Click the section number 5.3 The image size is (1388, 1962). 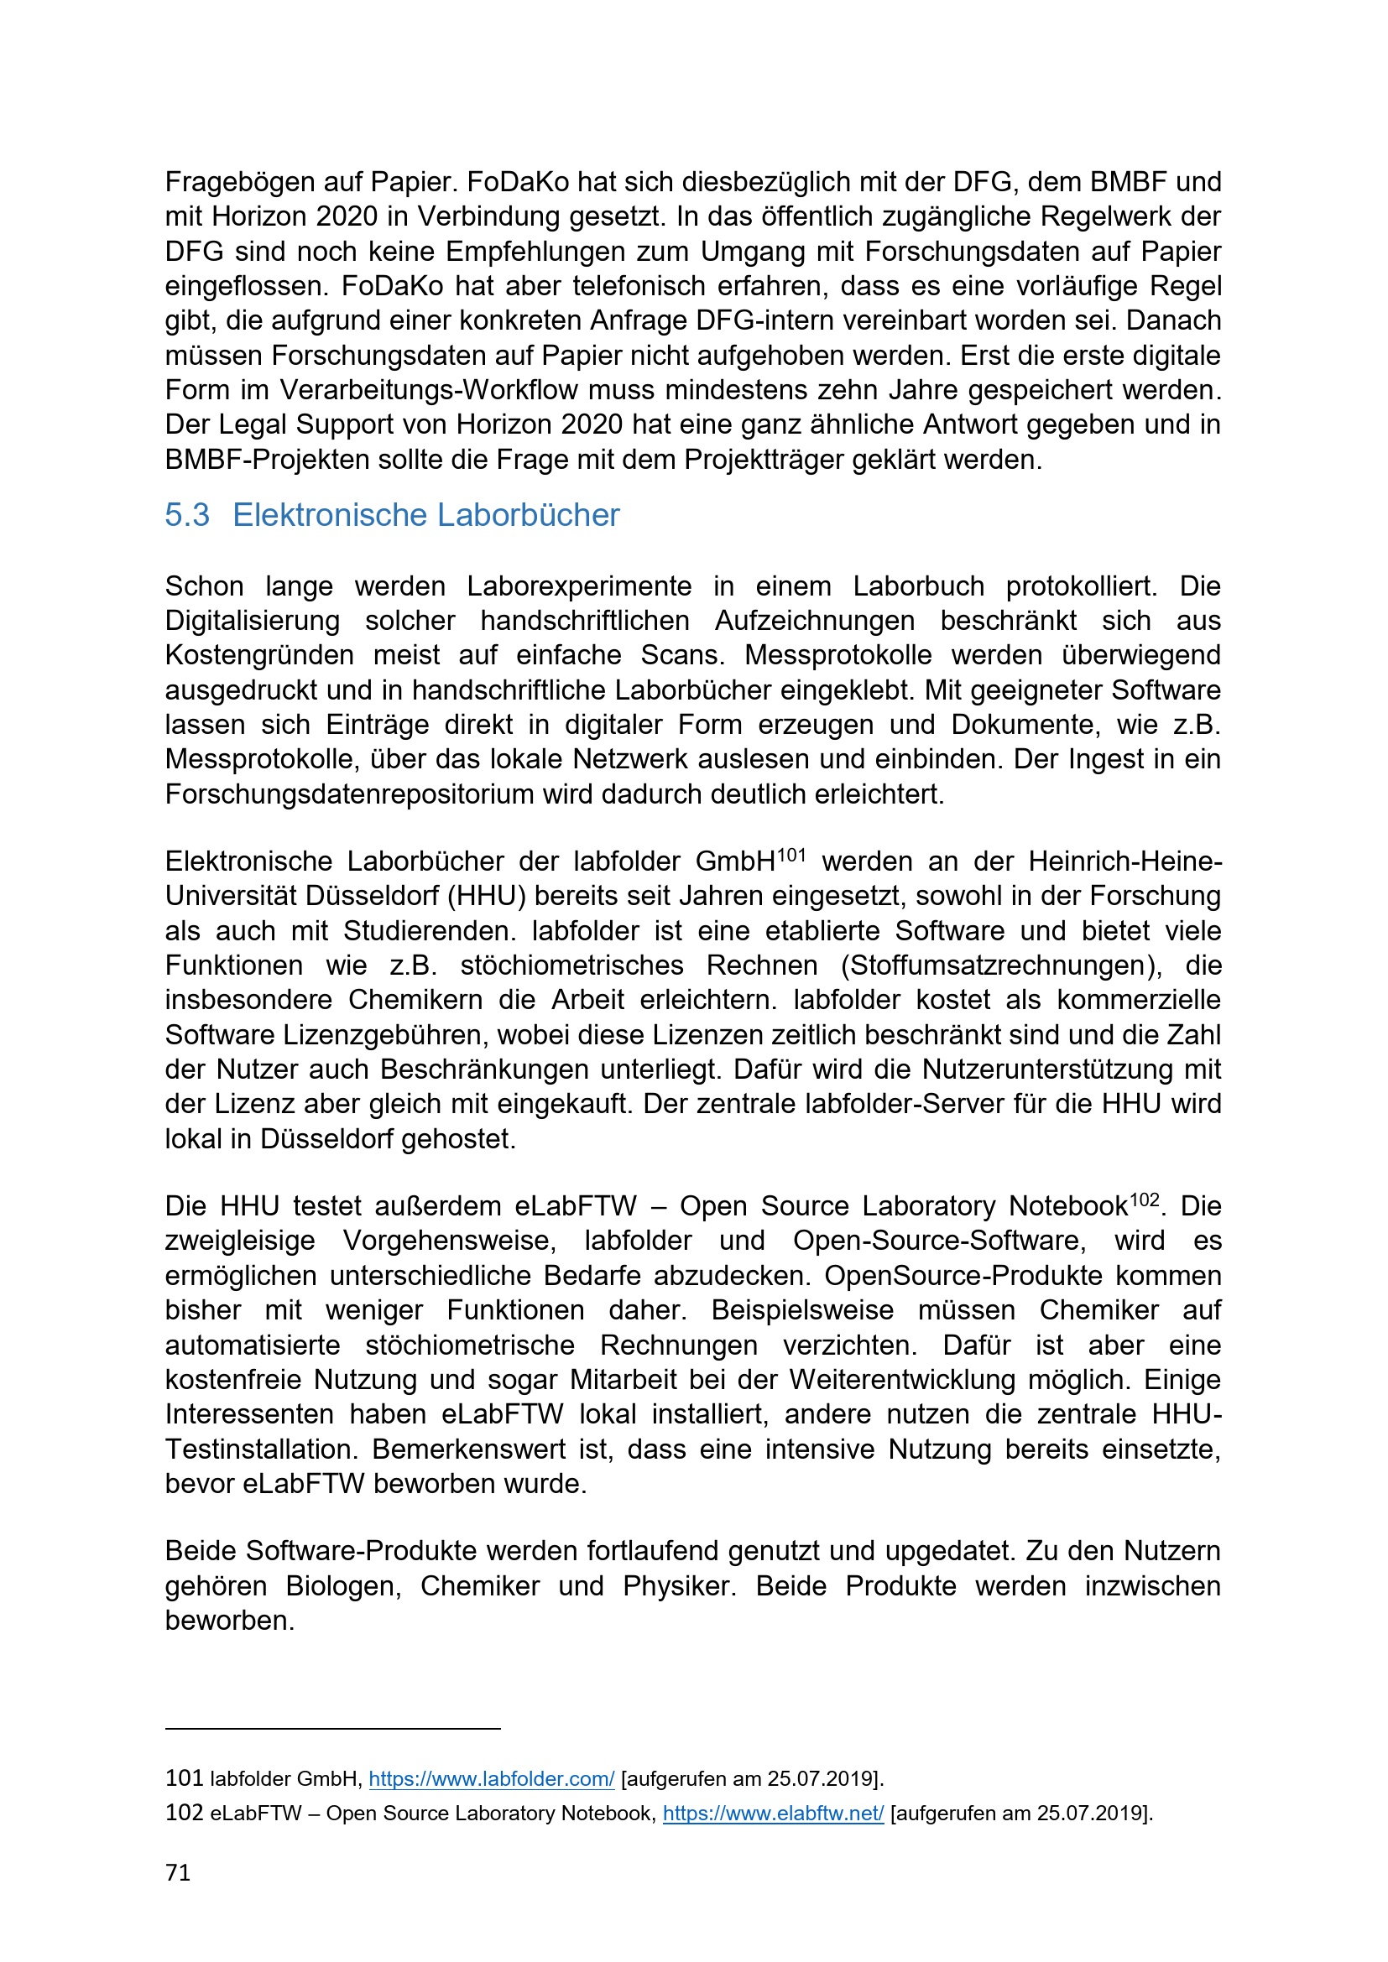186,514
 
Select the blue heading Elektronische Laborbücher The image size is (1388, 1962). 425,514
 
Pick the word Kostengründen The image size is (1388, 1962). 259,654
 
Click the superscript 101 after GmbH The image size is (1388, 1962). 791,855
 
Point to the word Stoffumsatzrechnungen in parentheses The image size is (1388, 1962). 1001,965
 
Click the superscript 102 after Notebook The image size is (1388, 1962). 1145,1200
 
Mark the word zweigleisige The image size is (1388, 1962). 240,1241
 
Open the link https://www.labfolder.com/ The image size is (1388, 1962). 492,1779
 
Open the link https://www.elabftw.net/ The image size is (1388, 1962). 774,1814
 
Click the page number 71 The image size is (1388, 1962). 178,1873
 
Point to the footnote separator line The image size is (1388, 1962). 332,1729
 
